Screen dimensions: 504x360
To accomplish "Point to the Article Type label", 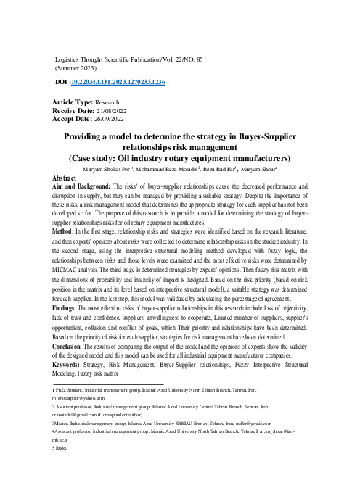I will pyautogui.click(x=73, y=104).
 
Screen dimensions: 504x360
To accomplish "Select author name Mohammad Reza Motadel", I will pyautogui.click(x=179, y=168).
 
